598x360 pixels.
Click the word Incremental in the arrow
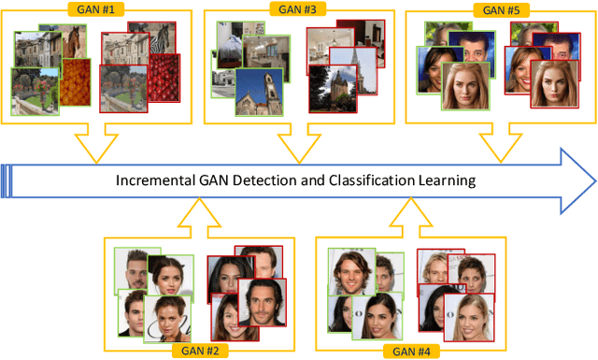click(160, 180)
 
